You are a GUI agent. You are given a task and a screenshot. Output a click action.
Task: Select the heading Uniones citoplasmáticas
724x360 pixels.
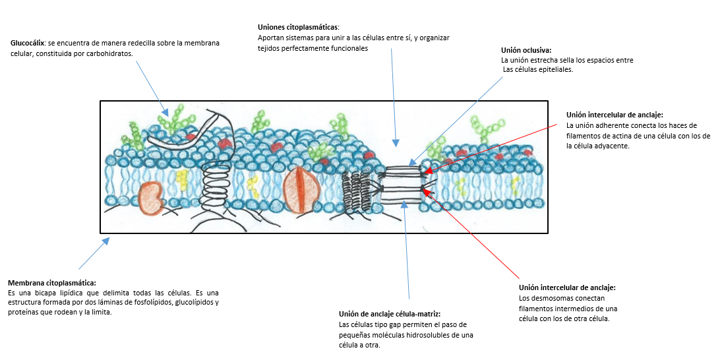298,28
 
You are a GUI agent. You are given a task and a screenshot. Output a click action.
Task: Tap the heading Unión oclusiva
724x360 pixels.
526,50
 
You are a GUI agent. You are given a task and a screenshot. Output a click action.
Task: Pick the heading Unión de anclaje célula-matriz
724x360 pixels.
389,314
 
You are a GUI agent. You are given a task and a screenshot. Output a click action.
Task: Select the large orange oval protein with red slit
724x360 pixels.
301,189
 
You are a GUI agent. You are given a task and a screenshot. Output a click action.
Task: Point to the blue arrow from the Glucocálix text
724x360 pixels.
150,85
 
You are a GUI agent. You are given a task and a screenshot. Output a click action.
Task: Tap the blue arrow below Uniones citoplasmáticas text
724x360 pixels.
393,99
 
